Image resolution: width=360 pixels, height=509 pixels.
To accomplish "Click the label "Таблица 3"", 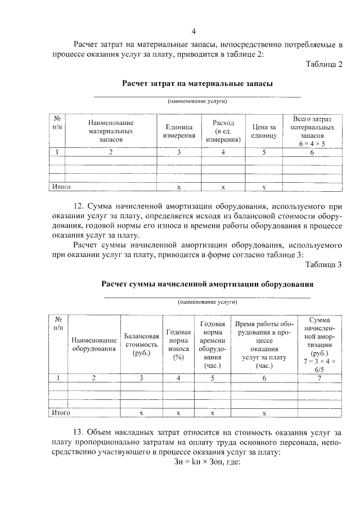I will click(323, 265).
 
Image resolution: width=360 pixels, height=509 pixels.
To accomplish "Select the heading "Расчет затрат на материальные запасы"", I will click(197, 83).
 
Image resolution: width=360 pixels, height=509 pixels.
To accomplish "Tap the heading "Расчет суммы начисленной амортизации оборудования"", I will click(207, 284).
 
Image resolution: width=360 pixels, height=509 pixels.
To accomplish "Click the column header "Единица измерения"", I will click(179, 131).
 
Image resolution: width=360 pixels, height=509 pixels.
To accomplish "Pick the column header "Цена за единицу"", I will click(263, 131).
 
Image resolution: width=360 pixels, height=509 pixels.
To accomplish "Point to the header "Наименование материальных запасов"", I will click(111, 131).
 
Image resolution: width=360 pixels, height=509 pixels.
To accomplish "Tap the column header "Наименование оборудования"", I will click(94, 344).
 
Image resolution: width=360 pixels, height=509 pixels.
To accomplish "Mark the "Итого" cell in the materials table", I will click(61, 186).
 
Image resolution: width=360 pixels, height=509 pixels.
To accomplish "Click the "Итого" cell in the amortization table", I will click(61, 412).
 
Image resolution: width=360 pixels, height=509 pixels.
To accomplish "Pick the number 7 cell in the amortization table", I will click(319, 377).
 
